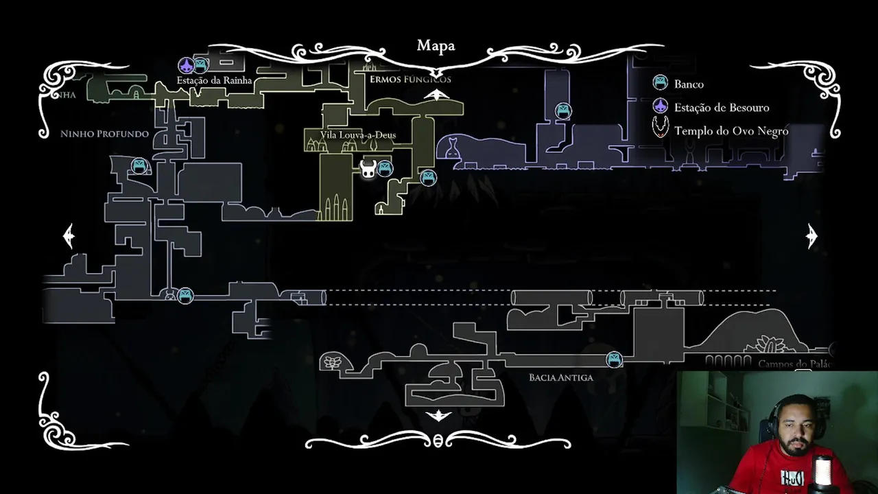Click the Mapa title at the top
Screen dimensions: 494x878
coord(436,46)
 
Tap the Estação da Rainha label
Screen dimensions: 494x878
coord(214,80)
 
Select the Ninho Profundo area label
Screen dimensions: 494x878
coord(104,134)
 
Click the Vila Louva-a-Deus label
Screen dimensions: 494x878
coord(357,135)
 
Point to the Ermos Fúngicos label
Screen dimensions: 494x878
coord(410,80)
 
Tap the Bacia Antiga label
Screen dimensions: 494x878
coord(560,377)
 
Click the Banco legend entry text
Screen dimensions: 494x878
coord(689,84)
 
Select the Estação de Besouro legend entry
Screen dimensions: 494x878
coord(721,108)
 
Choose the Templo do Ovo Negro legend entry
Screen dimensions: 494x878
coord(731,131)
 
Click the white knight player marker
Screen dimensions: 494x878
coord(368,169)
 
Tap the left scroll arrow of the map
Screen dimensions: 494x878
coord(69,236)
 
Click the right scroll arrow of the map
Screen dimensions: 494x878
coord(811,236)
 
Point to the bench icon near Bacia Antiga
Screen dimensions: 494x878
coord(614,359)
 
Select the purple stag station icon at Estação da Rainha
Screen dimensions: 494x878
coord(186,65)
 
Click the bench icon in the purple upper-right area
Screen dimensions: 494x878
coord(563,110)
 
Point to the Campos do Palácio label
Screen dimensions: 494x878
coord(794,364)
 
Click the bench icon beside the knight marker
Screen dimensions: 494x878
coord(385,168)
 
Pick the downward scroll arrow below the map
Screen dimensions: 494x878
coord(438,416)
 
